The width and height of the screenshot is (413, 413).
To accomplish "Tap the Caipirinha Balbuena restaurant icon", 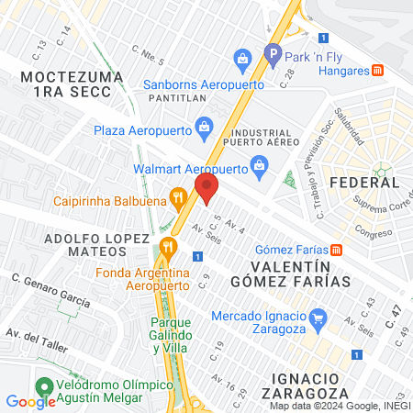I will click(176, 195).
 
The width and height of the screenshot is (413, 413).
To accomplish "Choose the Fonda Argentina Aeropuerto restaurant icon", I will click(166, 246).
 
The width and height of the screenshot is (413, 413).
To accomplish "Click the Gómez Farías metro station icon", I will click(337, 249).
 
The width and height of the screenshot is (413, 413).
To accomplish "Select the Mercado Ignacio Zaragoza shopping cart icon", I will click(318, 319).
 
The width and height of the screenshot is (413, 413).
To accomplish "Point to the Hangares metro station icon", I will click(377, 71).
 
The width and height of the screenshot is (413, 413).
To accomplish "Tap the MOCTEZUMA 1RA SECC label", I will click(72, 84).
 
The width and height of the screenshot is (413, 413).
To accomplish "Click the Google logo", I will click(30, 401).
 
